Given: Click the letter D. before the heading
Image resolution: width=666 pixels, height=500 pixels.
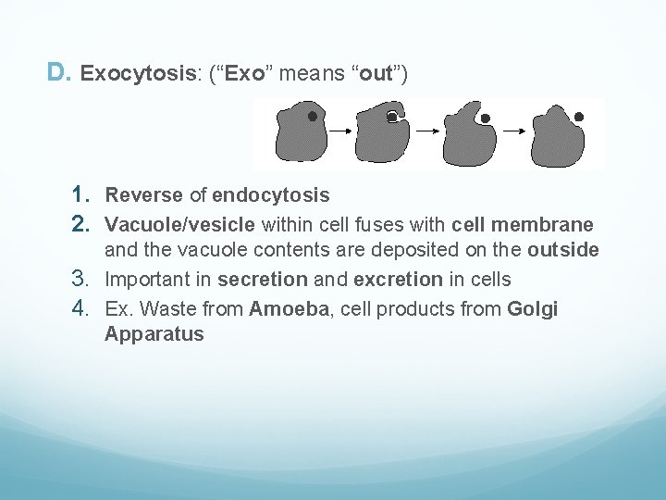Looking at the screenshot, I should point(57,71).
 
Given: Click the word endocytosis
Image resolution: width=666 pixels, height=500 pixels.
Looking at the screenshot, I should point(270,195).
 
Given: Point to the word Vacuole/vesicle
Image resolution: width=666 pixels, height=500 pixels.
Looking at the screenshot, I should point(180,224).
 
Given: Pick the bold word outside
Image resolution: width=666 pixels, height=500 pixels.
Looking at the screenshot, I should point(563,250).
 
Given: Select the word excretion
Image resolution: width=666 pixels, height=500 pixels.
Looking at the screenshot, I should point(398,280).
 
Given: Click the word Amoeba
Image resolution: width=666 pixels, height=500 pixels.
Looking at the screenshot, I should point(289,309).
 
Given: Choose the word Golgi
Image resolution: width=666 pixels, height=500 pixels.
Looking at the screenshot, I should point(533,309).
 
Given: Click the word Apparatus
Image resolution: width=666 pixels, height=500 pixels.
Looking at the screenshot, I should point(154,334).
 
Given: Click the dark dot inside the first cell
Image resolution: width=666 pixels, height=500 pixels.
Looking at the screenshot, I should point(312,117).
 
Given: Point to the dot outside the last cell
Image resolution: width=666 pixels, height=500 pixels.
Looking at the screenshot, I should point(579,118).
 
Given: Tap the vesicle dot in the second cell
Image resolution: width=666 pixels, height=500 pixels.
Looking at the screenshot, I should point(392,117).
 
